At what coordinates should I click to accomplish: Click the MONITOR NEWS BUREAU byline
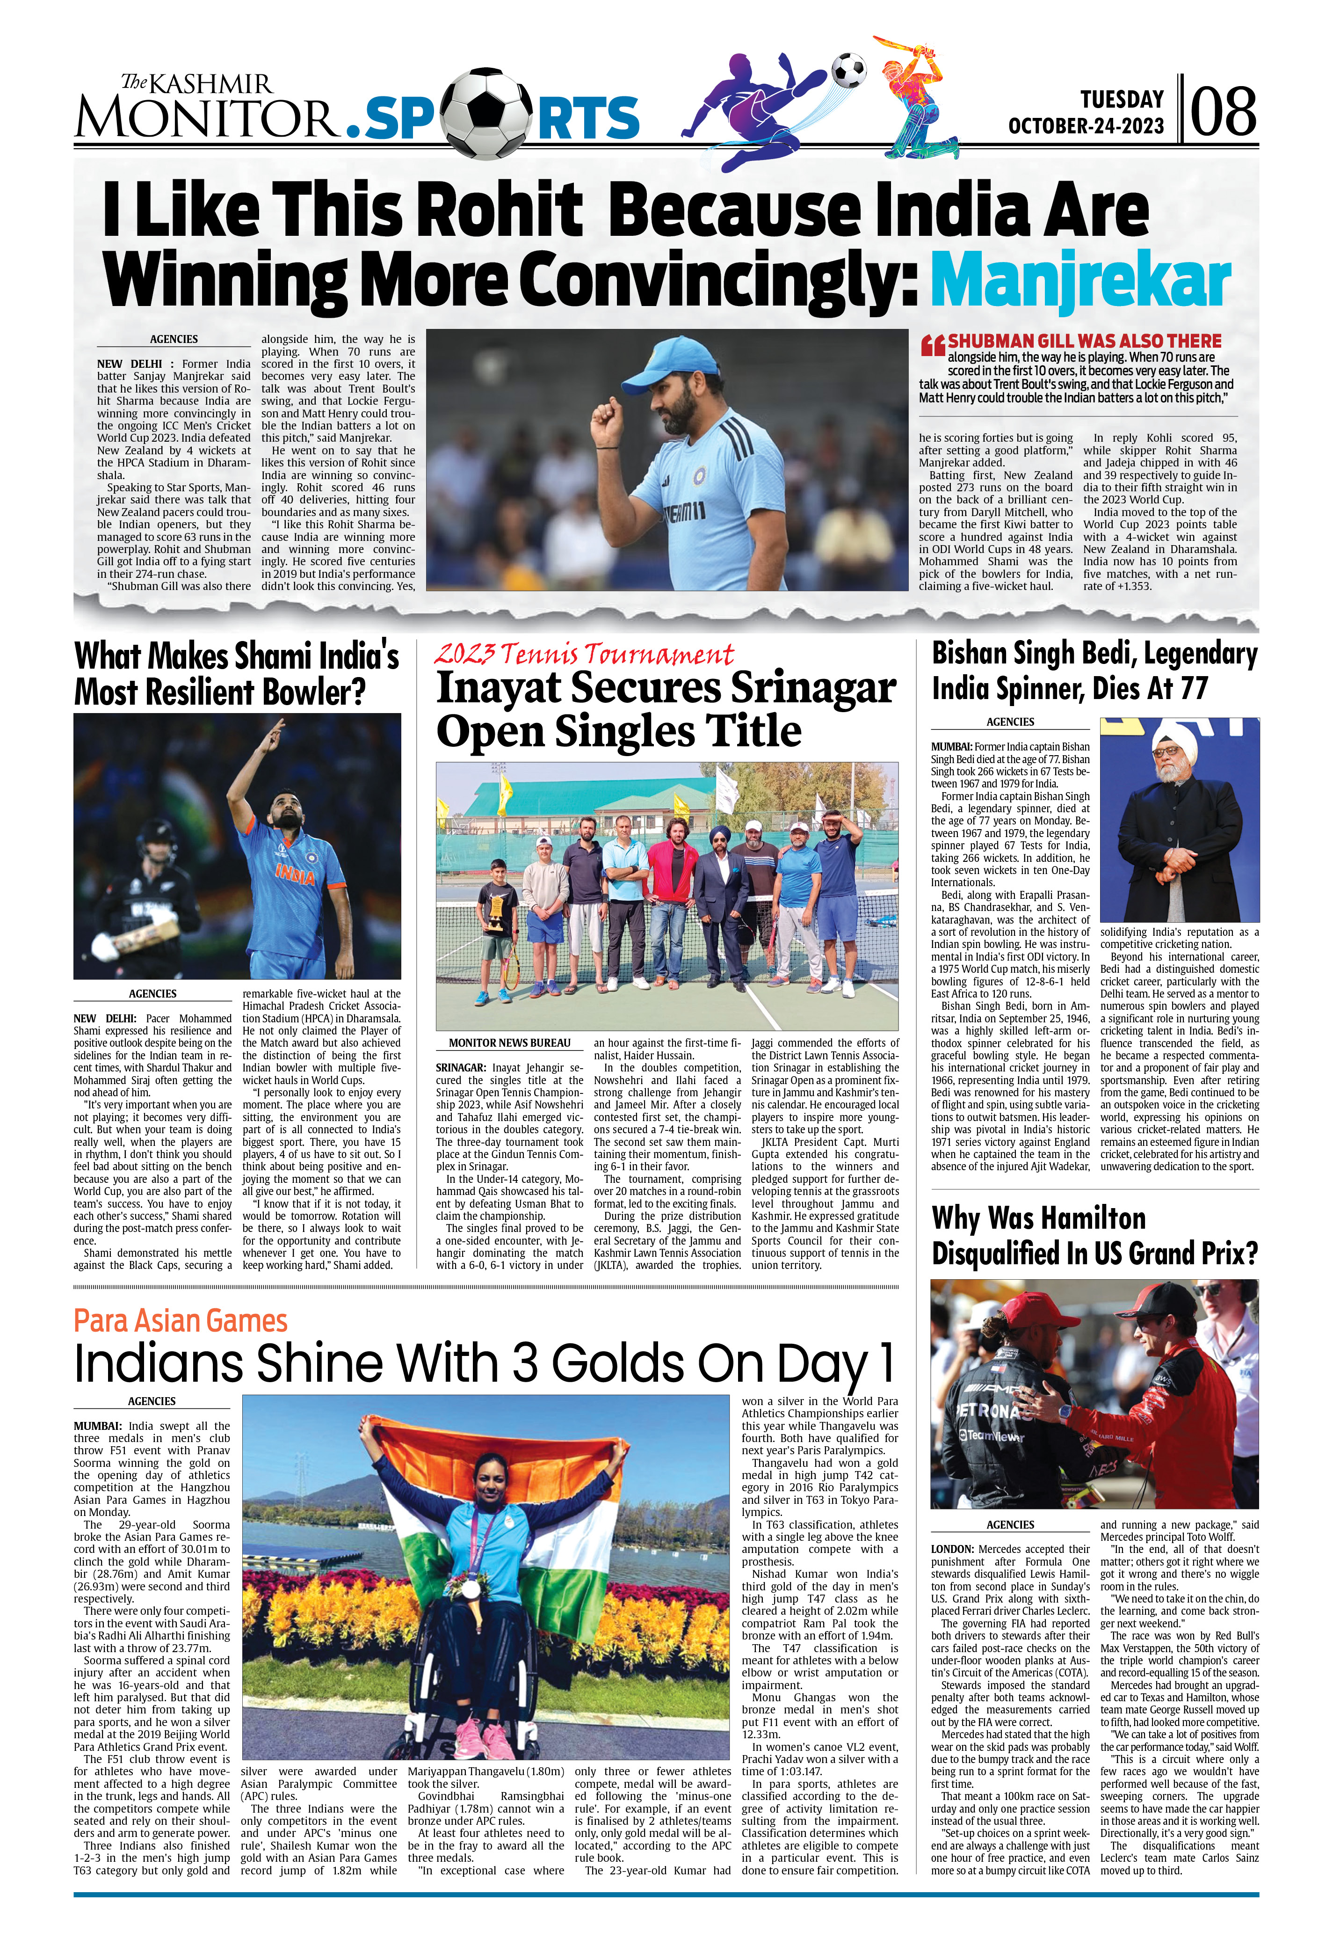(509, 1043)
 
